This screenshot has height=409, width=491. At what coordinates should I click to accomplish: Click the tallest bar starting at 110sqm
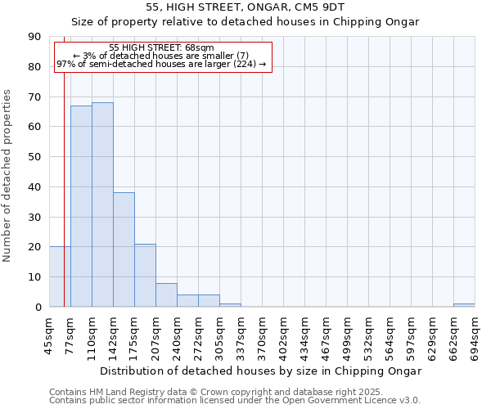click(x=102, y=204)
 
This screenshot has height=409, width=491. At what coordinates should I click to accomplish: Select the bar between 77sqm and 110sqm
click(x=81, y=206)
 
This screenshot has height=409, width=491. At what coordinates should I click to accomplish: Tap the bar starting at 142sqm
click(x=124, y=249)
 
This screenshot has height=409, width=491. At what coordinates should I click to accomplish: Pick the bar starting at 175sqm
click(x=145, y=275)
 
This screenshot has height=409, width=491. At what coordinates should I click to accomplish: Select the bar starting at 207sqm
click(x=166, y=294)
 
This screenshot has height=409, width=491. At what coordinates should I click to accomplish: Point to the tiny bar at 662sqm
click(x=464, y=305)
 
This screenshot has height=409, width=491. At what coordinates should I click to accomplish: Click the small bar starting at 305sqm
click(x=230, y=305)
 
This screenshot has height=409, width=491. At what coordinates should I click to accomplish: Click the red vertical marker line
click(x=64, y=180)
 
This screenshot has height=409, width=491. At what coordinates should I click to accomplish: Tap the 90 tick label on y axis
click(x=35, y=37)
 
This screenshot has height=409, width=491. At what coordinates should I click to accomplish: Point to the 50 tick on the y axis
click(x=35, y=157)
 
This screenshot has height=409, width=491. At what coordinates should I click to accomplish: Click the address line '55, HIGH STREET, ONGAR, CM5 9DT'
click(x=245, y=7)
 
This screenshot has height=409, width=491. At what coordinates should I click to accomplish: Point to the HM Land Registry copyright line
click(x=216, y=393)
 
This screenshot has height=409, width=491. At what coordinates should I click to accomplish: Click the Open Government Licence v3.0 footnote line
click(x=235, y=401)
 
